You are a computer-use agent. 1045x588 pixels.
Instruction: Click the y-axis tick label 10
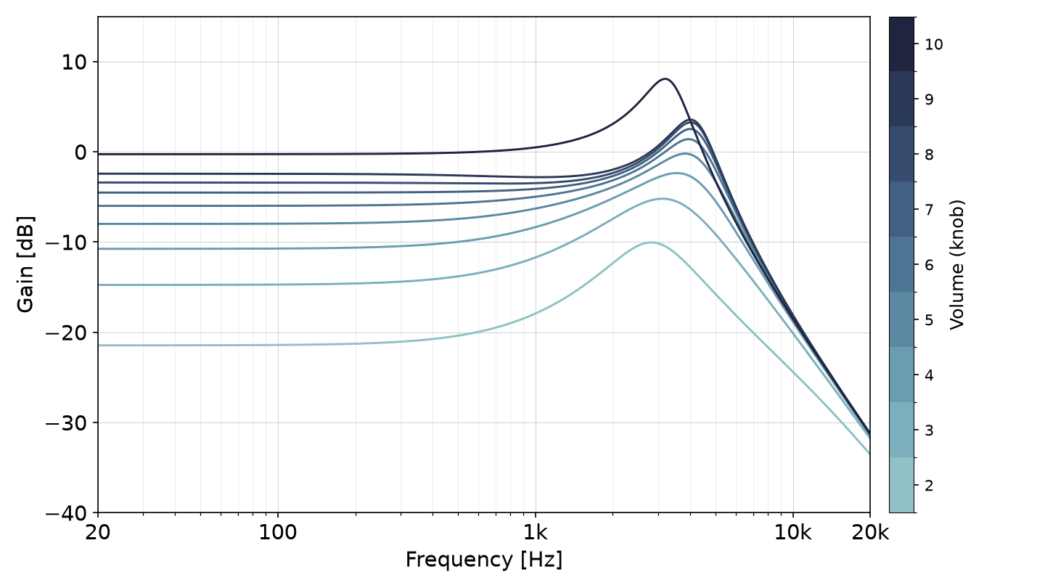pyautogui.click(x=74, y=62)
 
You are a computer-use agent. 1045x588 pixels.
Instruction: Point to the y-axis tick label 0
pyautogui.click(x=81, y=152)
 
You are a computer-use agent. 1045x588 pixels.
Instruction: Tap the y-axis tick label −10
pyautogui.click(x=66, y=242)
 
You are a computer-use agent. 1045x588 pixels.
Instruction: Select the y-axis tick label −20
pyautogui.click(x=66, y=333)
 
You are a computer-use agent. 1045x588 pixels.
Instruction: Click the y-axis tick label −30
pyautogui.click(x=66, y=423)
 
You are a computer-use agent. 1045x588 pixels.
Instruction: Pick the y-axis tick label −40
pyautogui.click(x=66, y=513)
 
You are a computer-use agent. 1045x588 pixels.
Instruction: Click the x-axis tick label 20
pyautogui.click(x=98, y=533)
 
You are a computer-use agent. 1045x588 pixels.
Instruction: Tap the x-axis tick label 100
pyautogui.click(x=278, y=533)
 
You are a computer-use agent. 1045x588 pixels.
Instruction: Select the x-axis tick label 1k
pyautogui.click(x=536, y=533)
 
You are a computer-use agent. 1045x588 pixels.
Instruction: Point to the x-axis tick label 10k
pyautogui.click(x=793, y=533)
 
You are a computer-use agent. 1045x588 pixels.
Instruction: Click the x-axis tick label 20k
pyautogui.click(x=870, y=533)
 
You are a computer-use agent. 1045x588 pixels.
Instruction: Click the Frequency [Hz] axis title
pyautogui.click(x=484, y=560)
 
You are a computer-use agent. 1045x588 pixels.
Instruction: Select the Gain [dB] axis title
pyautogui.click(x=25, y=264)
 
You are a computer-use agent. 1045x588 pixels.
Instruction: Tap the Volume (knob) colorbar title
pyautogui.click(x=956, y=264)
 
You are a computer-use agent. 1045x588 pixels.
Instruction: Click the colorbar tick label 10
pyautogui.click(x=934, y=45)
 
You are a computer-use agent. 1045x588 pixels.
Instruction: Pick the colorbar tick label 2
pyautogui.click(x=930, y=486)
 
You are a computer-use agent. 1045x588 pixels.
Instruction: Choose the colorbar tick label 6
pyautogui.click(x=930, y=266)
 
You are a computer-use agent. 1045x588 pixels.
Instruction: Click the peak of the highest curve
pyautogui.click(x=665, y=79)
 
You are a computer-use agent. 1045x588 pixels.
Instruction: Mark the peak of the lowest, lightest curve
pyautogui.click(x=651, y=242)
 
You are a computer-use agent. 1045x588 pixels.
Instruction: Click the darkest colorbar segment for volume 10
pyautogui.click(x=902, y=44)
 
